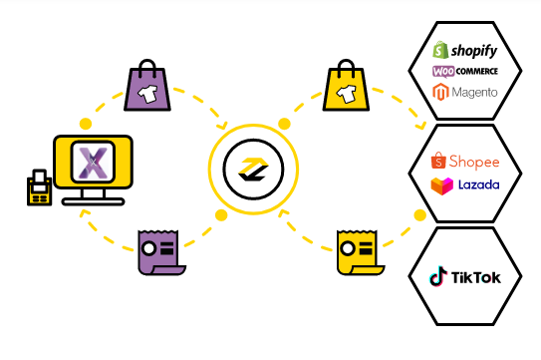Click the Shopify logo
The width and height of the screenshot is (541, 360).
(464, 50)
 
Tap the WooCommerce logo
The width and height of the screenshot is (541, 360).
(464, 72)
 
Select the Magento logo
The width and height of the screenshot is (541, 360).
(464, 92)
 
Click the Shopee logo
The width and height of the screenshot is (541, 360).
(464, 161)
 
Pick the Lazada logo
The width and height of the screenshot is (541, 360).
(464, 185)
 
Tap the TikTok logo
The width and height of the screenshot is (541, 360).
(464, 276)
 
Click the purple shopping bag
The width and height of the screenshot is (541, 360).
(147, 86)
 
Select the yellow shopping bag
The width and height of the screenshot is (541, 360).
(346, 86)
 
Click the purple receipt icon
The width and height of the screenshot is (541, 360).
(161, 252)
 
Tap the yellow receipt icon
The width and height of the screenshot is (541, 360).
(361, 252)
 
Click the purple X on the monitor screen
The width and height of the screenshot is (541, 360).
(94, 163)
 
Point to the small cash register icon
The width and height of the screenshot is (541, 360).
(39, 187)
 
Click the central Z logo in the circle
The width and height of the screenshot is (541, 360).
(253, 170)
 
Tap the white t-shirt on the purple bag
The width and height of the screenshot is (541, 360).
(148, 94)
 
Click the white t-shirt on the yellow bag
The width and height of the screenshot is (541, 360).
(347, 94)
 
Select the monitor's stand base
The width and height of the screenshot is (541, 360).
(94, 201)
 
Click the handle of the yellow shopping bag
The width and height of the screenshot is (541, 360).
(346, 67)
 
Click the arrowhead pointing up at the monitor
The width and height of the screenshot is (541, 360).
(84, 212)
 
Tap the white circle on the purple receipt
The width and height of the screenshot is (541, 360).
(149, 248)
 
